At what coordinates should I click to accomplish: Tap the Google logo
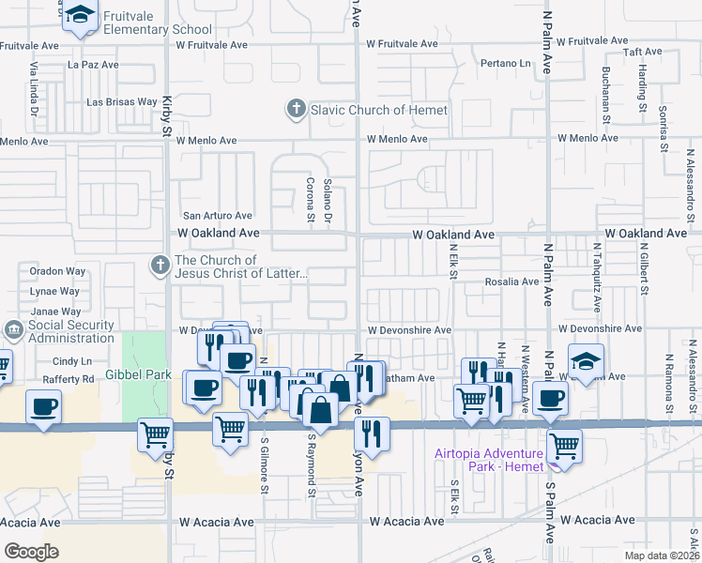click(x=31, y=552)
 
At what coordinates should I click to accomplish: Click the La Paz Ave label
click(x=94, y=65)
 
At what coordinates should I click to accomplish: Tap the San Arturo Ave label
click(x=218, y=215)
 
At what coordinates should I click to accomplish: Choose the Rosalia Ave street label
click(x=511, y=281)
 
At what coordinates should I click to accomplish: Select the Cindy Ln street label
click(x=72, y=360)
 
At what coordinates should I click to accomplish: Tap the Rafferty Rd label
click(x=75, y=379)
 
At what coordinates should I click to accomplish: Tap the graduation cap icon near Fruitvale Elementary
click(x=81, y=16)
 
